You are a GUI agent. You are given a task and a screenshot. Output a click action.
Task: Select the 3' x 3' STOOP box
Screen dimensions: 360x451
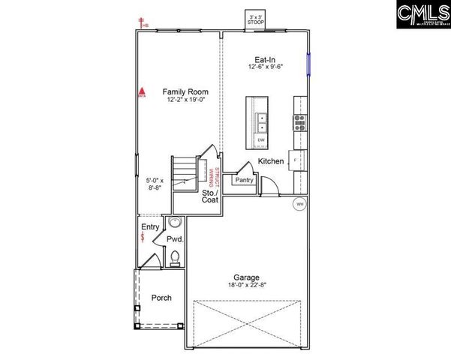point(257,19)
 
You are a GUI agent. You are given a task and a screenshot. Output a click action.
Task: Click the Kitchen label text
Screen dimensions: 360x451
point(270,161)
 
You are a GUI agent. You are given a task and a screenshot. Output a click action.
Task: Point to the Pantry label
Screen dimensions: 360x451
point(244,180)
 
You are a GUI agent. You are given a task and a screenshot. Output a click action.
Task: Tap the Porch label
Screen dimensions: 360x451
point(161,298)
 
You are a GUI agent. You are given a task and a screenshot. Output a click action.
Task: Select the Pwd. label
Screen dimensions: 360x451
point(175,238)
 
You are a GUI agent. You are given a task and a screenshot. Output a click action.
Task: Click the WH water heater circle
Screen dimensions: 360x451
point(299,204)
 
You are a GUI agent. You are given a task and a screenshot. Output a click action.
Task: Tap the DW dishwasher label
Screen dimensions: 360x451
point(261,140)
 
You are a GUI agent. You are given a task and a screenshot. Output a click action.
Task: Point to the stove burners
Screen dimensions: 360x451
point(299,122)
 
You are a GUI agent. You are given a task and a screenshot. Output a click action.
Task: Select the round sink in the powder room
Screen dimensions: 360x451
point(176,222)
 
